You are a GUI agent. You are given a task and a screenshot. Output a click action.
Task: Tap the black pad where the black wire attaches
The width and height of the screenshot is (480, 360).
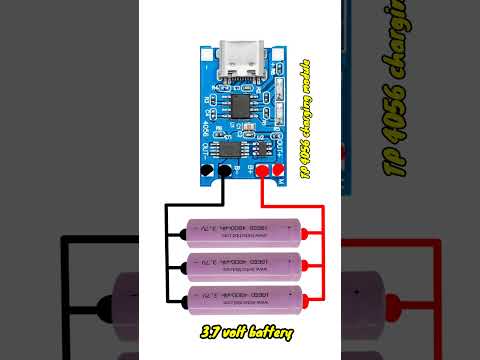pos(225,172)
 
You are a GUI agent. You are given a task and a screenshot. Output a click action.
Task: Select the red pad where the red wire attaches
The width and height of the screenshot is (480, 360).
pos(262,172)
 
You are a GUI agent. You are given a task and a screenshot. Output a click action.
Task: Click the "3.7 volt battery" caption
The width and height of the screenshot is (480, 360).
pos(242,330)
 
